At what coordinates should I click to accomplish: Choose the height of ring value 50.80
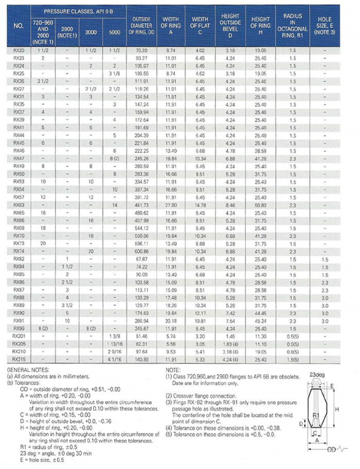[x=260, y=205]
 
